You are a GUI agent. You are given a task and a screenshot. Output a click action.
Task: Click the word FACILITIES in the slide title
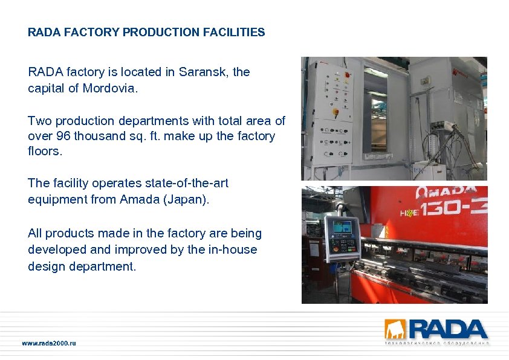pos(235,33)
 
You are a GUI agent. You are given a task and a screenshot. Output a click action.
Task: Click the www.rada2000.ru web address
pos(49,344)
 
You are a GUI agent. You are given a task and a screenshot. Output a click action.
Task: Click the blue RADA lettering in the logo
pos(448,330)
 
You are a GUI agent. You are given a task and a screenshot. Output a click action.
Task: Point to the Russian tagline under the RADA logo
pos(437,344)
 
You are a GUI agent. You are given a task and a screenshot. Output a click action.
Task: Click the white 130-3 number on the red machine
pos(456,210)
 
